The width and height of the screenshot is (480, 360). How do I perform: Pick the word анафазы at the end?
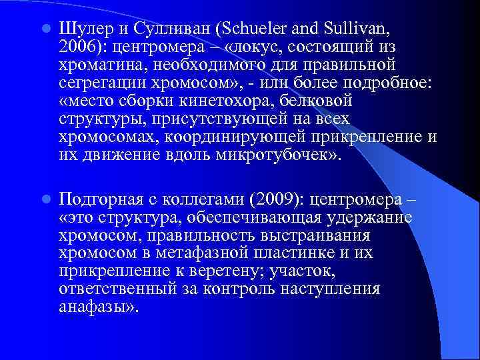point(96,307)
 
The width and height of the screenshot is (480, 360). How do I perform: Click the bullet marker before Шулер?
point(44,29)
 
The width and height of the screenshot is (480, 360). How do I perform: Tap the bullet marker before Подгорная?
point(44,199)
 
